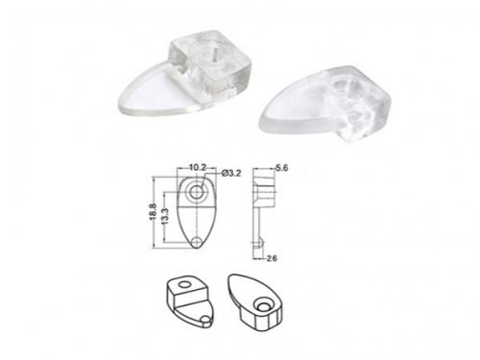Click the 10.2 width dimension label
pos(198,167)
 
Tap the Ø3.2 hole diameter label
pos(231,174)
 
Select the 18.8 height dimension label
pos(153,212)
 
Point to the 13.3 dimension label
pos(166,217)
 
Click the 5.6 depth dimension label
pos(281,168)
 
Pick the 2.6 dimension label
pos(272,258)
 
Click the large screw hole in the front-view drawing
pos(196,192)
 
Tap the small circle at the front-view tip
pos(197,242)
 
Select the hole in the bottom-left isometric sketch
pos(184,284)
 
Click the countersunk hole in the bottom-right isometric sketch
pos(263,305)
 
